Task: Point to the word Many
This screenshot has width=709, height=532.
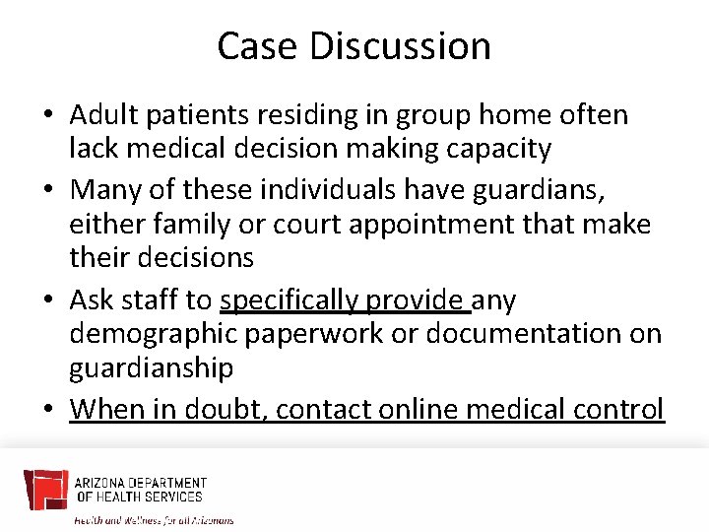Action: pos(103,189)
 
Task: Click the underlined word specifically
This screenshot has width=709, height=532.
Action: pos(290,299)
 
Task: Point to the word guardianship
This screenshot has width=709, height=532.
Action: pos(151,368)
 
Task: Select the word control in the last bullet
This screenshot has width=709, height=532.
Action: pos(618,408)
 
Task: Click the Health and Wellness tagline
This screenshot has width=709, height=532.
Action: pos(155,519)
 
